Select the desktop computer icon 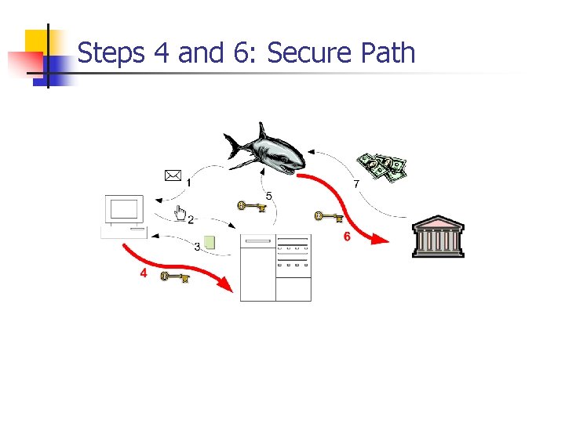125,216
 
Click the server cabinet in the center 275,267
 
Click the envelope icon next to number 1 173,175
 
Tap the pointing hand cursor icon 180,213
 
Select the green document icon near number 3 209,243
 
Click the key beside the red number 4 174,276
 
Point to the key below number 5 252,207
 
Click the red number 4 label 143,273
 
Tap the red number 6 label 345,237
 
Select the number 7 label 356,185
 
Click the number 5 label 269,195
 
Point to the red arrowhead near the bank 380,239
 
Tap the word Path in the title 388,53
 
